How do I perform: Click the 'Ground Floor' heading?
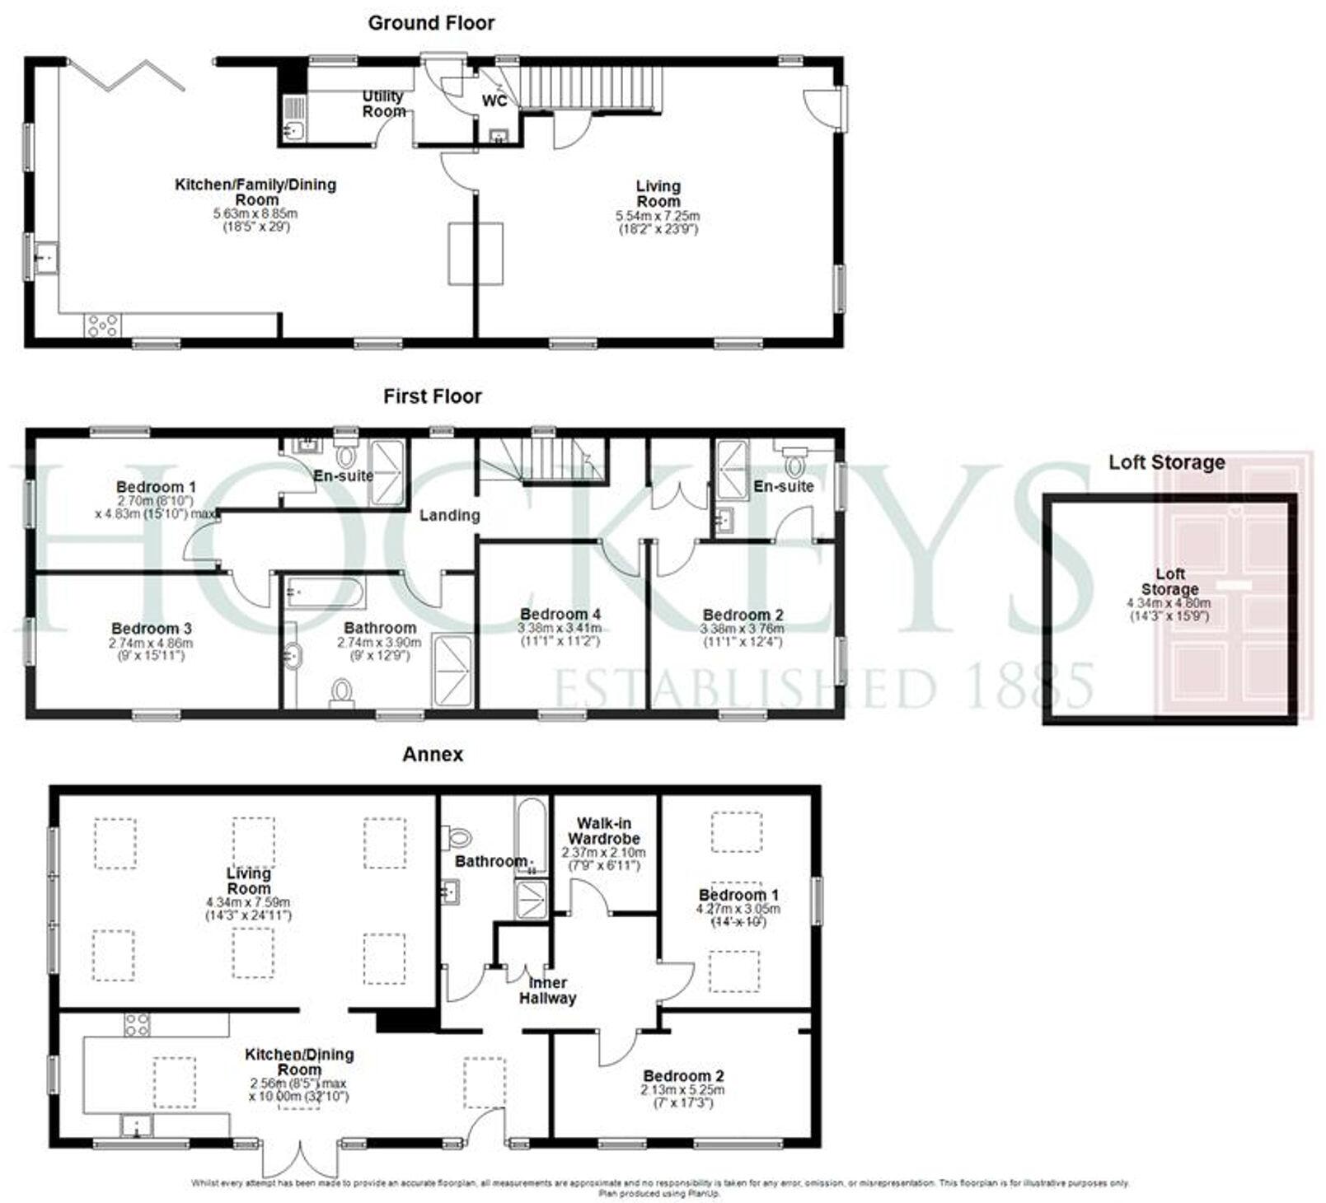click(x=431, y=23)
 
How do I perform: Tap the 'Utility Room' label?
click(x=383, y=104)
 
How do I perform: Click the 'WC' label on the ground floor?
click(x=494, y=101)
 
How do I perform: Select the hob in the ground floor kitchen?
click(x=101, y=325)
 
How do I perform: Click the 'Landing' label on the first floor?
click(x=449, y=515)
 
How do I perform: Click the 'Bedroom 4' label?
click(x=560, y=614)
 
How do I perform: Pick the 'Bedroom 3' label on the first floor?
click(x=152, y=629)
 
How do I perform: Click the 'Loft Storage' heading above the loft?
click(x=1166, y=462)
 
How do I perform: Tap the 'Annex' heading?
click(x=433, y=754)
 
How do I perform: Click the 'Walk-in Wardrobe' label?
click(x=604, y=831)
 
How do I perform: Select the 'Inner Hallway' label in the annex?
click(x=548, y=990)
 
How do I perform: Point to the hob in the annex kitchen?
click(x=137, y=1024)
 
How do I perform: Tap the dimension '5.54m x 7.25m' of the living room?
click(x=658, y=216)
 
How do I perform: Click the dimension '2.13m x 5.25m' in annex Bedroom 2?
click(x=683, y=1089)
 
